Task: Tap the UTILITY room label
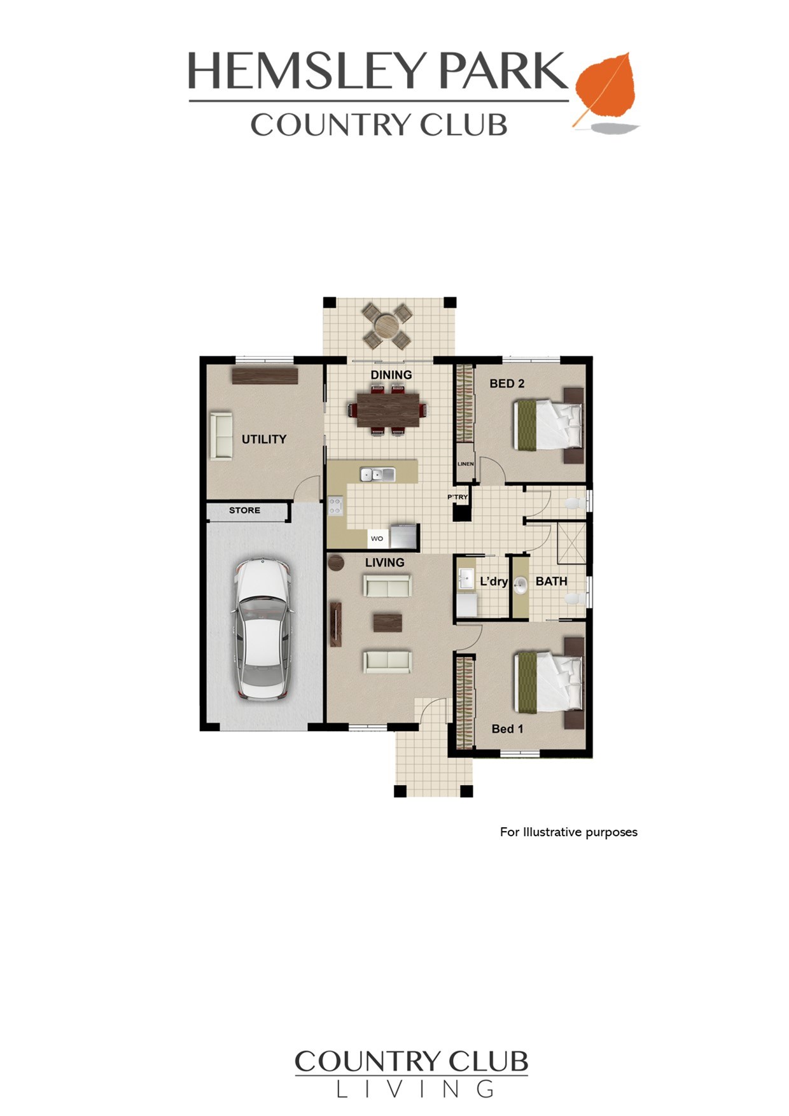264,439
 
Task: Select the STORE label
245,510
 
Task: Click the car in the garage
262,629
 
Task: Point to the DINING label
391,375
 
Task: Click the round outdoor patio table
386,326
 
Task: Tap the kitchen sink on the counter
377,474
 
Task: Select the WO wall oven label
377,538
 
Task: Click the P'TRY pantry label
457,497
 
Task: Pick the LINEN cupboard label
465,464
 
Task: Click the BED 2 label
507,384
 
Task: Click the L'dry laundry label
494,581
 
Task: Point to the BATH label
551,581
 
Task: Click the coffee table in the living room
388,622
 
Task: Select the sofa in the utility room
221,435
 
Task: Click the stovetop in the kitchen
335,506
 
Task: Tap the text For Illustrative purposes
569,832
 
